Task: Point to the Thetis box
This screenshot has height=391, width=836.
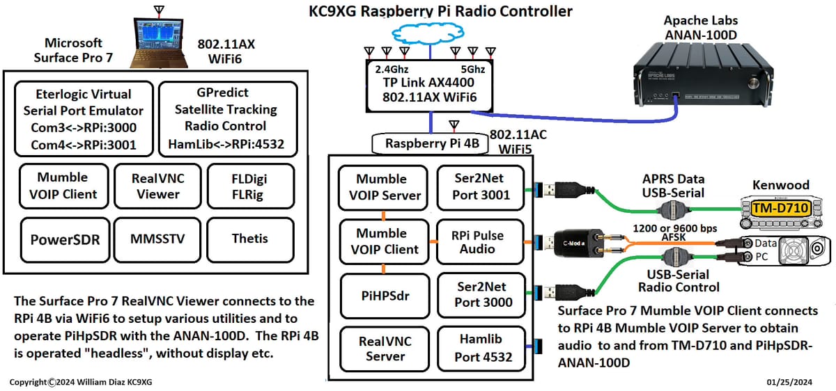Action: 249,239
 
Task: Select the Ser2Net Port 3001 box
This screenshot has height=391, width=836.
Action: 480,187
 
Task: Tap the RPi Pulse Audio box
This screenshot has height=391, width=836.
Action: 480,241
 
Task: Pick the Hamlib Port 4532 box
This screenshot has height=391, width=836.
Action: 480,348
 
